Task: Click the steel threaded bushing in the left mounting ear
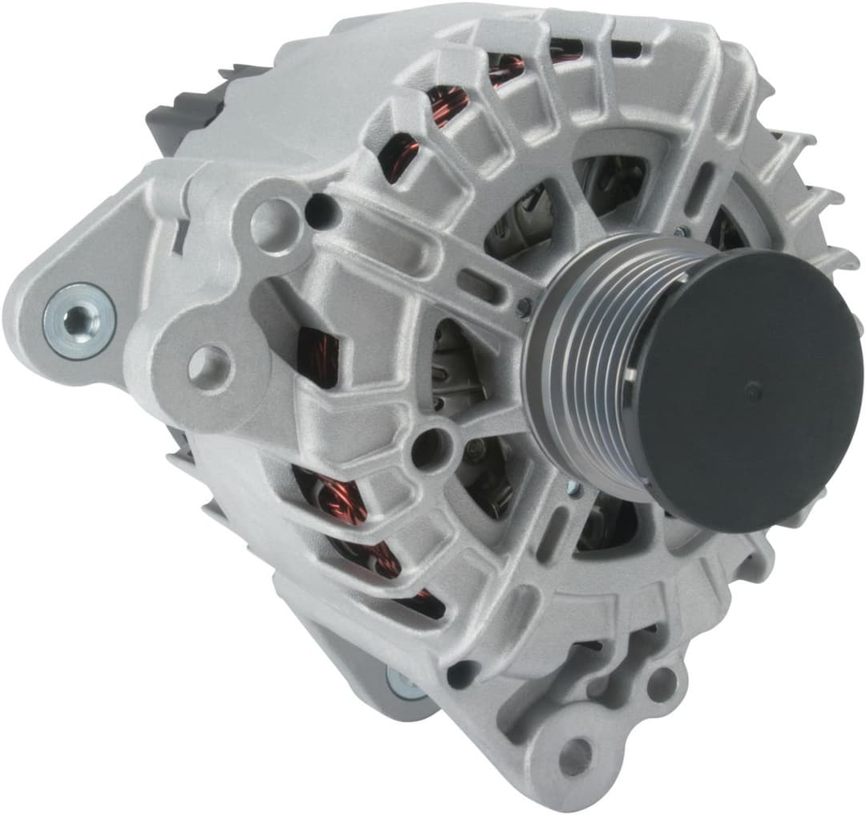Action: tap(79, 320)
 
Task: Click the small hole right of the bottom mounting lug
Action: tap(662, 682)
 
